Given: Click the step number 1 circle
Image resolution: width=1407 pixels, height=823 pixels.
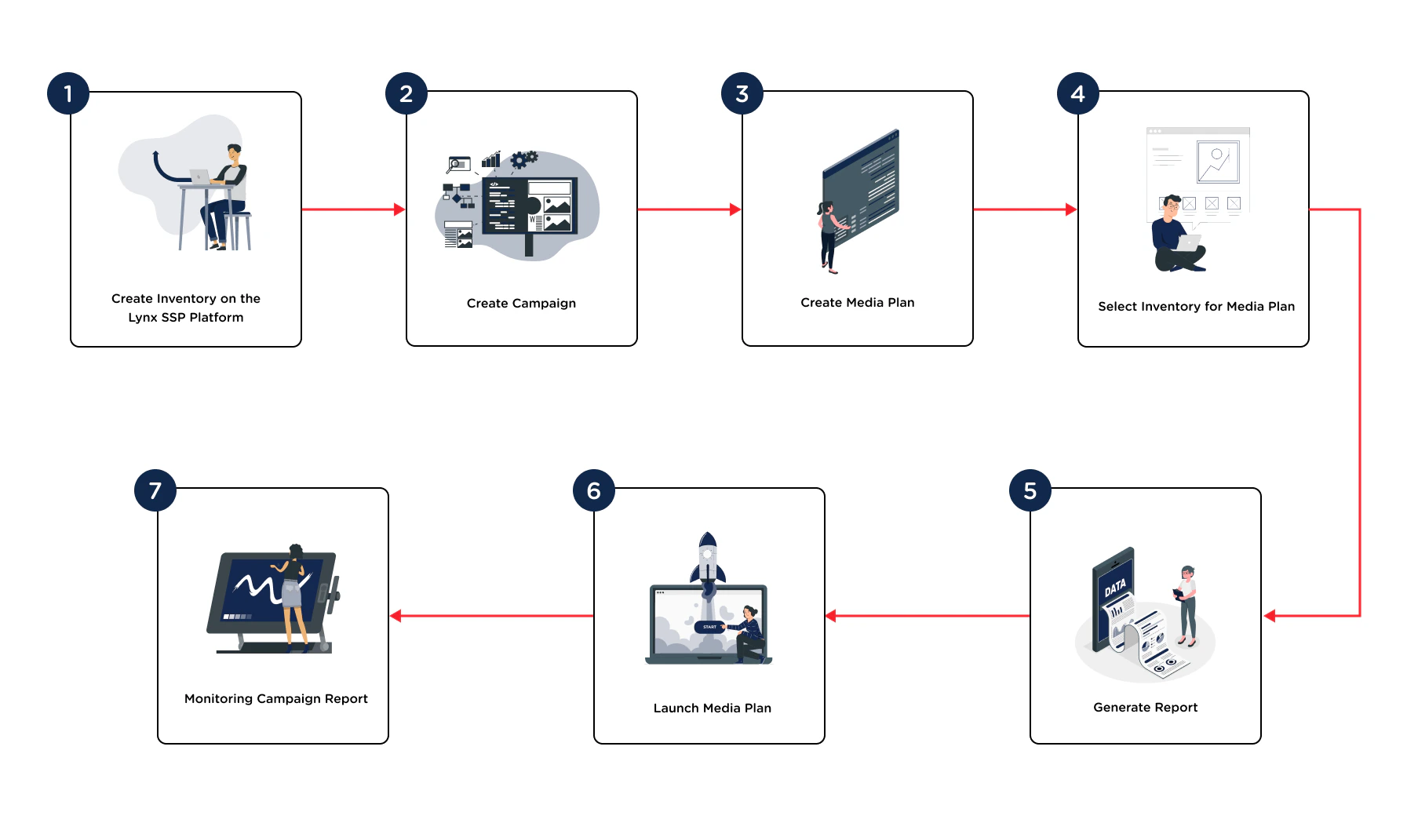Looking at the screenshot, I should [x=68, y=93].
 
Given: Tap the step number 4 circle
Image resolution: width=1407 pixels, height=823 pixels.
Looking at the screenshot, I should [x=1078, y=93].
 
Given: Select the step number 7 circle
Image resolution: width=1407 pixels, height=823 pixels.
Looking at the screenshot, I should [x=155, y=490].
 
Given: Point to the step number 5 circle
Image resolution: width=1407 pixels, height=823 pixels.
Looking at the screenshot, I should [x=1030, y=490].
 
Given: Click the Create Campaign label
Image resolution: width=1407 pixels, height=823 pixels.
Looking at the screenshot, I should [x=521, y=303].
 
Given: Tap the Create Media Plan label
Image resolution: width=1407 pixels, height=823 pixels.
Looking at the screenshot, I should [x=857, y=302].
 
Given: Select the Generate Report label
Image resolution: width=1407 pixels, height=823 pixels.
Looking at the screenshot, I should [x=1145, y=707].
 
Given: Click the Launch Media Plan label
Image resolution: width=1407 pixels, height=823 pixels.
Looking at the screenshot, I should [x=712, y=708].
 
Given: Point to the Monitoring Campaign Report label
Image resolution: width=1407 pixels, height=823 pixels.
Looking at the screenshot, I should [x=275, y=698].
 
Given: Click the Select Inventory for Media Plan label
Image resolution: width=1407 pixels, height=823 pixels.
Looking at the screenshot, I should [x=1196, y=306].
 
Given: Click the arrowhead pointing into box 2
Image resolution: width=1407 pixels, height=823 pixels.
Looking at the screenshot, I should [x=399, y=209].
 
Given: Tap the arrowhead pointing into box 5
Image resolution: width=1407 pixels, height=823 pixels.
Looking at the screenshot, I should [x=1270, y=616].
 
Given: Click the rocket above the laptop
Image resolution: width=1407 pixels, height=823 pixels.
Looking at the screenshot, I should [x=708, y=559].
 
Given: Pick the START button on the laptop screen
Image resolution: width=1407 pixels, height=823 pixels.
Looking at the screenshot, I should [x=709, y=627].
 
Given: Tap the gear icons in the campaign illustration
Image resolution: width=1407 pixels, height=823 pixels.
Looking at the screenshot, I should [x=523, y=159].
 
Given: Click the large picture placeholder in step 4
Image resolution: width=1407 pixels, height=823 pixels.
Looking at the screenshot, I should [x=1218, y=161].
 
